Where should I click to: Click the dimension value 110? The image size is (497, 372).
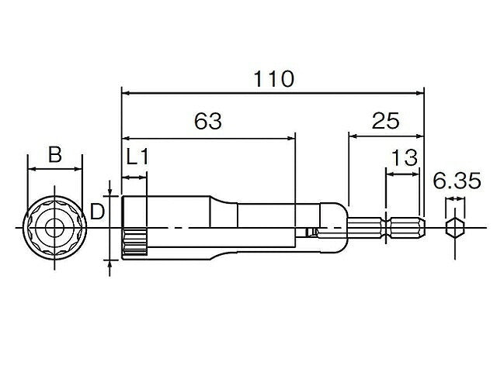pyautogui.click(x=274, y=79)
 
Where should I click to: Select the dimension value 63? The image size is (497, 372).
pyautogui.click(x=208, y=121)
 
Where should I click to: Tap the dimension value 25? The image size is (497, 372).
pyautogui.click(x=385, y=121)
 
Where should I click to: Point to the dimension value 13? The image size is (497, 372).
pyautogui.click(x=405, y=158)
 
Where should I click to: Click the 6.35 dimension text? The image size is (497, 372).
pyautogui.click(x=457, y=181)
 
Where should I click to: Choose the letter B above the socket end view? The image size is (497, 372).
pyautogui.click(x=55, y=154)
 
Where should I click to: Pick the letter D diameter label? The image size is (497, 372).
pyautogui.click(x=97, y=212)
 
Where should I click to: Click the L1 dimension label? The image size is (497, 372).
pyautogui.click(x=137, y=157)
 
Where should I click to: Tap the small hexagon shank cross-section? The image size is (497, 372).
pyautogui.click(x=455, y=227)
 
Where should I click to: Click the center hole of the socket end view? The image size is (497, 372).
pyautogui.click(x=54, y=228)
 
